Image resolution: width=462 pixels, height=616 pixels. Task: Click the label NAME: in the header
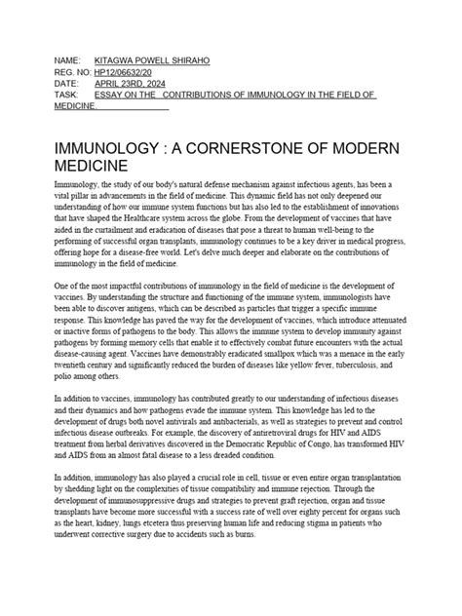click(x=71, y=60)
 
